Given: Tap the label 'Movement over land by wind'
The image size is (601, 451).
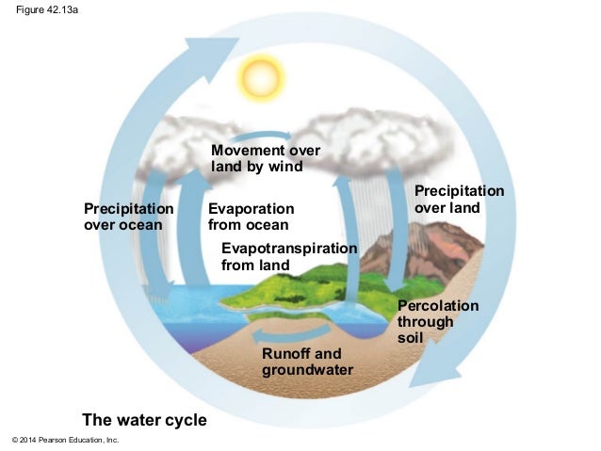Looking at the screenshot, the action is point(265,158).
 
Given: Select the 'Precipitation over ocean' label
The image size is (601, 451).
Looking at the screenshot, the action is point(129,216).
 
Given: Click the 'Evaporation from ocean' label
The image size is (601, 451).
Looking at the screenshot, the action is point(251,217).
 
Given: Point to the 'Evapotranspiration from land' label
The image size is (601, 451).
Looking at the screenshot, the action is point(288,256).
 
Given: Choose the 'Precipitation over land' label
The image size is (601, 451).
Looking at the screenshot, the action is point(459,199).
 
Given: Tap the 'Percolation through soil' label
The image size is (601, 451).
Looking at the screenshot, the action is point(438,321).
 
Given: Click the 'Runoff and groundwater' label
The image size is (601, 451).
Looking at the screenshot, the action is point(307,362).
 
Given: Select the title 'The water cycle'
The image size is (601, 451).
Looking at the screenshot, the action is point(144,419).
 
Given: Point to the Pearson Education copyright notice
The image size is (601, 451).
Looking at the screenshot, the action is point(65,441).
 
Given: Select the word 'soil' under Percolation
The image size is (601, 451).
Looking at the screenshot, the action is point(411,337).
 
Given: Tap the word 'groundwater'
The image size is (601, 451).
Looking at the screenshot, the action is point(307,370).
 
